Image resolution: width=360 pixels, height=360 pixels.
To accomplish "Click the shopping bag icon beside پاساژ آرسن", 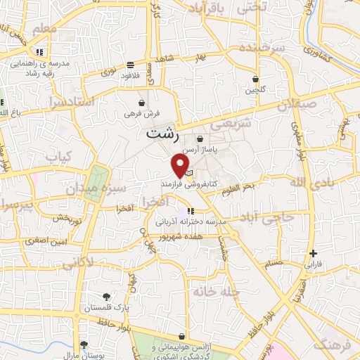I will tap(202, 139).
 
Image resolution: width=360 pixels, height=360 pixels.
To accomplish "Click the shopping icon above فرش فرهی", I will tap(142, 103).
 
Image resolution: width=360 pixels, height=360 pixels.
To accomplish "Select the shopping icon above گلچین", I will tap(255, 80).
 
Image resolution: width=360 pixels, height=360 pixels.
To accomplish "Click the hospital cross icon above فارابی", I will tap(313, 253).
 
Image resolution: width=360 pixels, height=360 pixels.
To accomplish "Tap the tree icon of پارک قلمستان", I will tap(105, 297).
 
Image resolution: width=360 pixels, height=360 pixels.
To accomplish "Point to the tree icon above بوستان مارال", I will tap(84, 345).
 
